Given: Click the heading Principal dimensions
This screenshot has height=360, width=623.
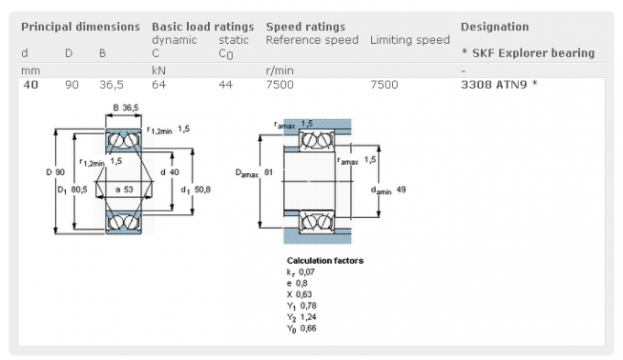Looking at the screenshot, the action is pos(81,27).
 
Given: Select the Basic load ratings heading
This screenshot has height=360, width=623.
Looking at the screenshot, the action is pos(202,27).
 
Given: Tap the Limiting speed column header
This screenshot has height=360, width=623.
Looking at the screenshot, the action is pos(410,40).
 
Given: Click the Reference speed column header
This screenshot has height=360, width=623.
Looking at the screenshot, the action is pos(311,40).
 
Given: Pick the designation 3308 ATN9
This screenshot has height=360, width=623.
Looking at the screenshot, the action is pos(494,84).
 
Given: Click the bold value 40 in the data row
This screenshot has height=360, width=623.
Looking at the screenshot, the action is pos(30,84).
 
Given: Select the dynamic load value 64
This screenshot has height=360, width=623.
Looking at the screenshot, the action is pos(158,84).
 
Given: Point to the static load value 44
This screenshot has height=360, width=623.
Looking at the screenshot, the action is pos(225,84).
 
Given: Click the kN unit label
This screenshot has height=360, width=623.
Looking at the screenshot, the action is pos(158,71).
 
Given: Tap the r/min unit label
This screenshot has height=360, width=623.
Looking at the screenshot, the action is pos(279,71).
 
